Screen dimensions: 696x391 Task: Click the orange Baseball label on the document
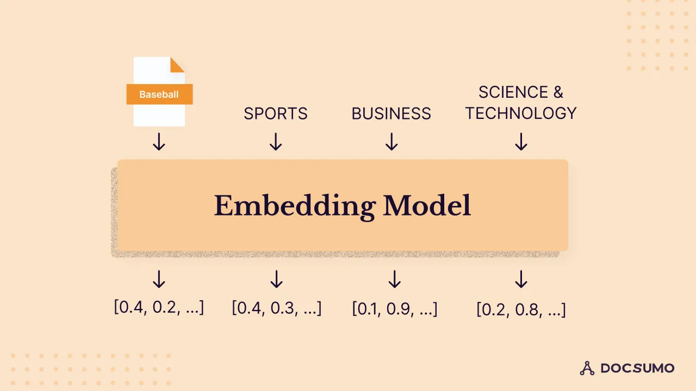click(x=159, y=94)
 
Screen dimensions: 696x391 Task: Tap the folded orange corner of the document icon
click(x=177, y=65)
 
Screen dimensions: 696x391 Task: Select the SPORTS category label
click(x=276, y=113)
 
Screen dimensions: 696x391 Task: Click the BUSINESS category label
click(x=391, y=113)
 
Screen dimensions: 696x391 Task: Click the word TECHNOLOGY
click(x=521, y=113)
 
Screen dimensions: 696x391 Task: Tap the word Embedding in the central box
click(x=294, y=206)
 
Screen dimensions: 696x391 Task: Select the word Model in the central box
click(x=427, y=206)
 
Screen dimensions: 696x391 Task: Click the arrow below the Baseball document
click(x=159, y=142)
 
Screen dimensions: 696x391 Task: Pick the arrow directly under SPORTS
click(x=276, y=142)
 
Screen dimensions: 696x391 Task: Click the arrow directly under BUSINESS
click(x=391, y=142)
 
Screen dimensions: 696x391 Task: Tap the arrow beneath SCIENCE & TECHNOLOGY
click(x=521, y=142)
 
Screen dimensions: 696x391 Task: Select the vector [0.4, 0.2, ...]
click(x=159, y=307)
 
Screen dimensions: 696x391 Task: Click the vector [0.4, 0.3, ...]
click(x=277, y=308)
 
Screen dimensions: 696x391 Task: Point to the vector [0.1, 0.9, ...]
click(x=395, y=308)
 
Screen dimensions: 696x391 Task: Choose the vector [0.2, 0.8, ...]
click(x=521, y=309)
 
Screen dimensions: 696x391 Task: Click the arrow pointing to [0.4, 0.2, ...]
click(x=159, y=279)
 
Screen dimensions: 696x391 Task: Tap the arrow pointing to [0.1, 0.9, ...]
click(x=395, y=279)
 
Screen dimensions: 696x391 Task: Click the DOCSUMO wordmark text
click(x=637, y=368)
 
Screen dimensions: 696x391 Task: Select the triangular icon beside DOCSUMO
click(x=587, y=368)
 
